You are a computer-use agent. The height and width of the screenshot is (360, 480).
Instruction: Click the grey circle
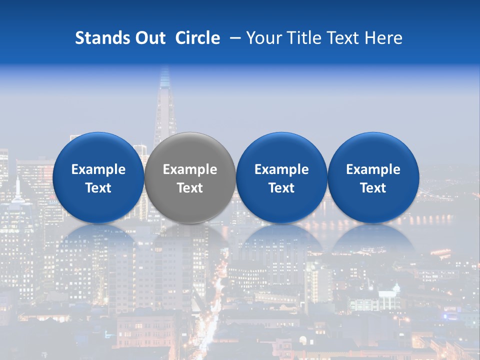click(190, 177)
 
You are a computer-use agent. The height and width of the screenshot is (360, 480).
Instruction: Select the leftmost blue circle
click(98, 177)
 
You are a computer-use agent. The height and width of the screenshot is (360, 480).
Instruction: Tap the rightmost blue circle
click(373, 177)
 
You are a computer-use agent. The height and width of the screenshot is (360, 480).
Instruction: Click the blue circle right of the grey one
click(281, 177)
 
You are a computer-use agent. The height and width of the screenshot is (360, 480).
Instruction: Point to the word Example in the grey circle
click(190, 169)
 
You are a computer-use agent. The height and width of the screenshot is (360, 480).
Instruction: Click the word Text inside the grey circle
click(190, 188)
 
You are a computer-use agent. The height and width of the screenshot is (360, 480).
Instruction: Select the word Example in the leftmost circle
click(98, 169)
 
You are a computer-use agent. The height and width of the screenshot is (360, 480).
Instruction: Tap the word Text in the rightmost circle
click(373, 188)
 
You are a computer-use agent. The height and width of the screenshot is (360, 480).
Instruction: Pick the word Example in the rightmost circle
click(373, 169)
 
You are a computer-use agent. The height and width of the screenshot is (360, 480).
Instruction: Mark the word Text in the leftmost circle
click(98, 188)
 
